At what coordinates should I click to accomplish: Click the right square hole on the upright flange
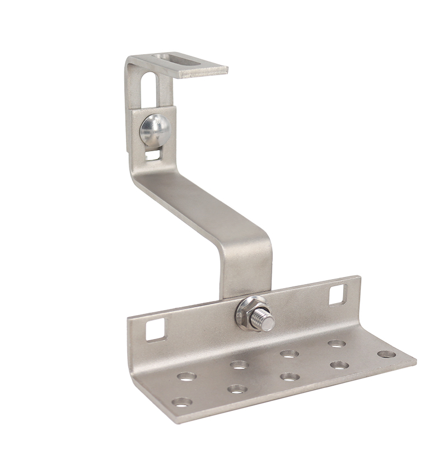coord(338,294)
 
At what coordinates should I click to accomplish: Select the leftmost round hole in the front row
coord(181,401)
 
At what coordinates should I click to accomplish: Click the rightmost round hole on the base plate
coord(385,354)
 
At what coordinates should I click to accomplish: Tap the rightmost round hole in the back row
coord(336,343)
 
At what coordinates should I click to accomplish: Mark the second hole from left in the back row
coord(239,364)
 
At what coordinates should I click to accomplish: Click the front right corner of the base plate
coord(415,361)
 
